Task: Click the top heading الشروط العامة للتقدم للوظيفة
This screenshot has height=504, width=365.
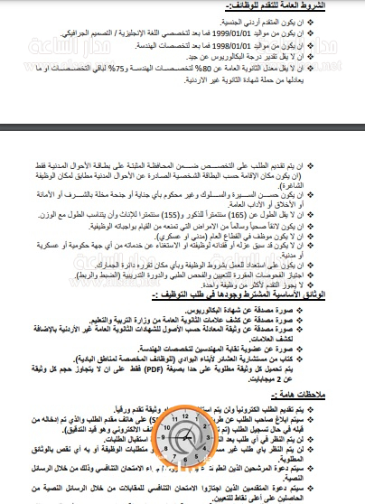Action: (304, 6)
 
